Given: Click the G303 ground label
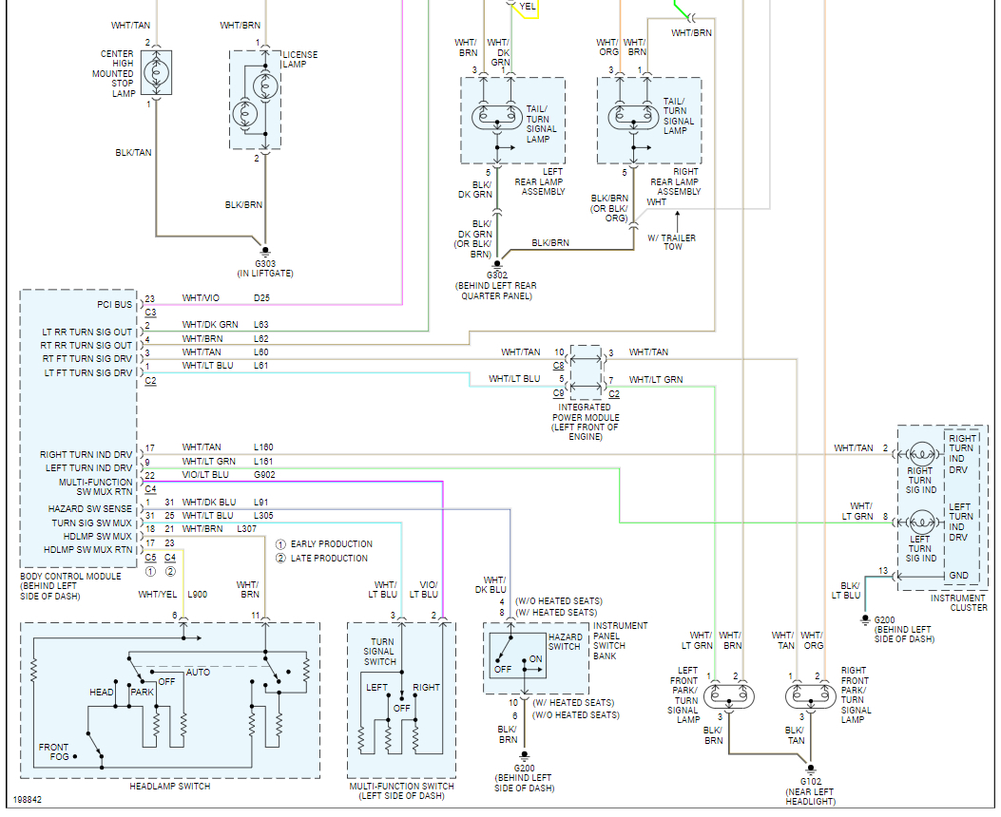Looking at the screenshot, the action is (x=265, y=263).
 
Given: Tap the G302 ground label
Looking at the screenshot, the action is (x=497, y=275).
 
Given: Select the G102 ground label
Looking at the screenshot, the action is (x=811, y=781).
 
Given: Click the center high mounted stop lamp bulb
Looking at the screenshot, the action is (x=157, y=73).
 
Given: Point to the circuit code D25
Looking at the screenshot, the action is (x=261, y=298).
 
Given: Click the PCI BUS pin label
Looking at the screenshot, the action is (x=115, y=305).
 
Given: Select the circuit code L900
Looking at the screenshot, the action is (x=198, y=595).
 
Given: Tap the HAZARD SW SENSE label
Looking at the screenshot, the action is (x=90, y=509).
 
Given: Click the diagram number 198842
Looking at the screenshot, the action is (x=28, y=800).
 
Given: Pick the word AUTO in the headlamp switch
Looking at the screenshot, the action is (x=198, y=673).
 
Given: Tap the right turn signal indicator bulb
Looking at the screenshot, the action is (x=921, y=455).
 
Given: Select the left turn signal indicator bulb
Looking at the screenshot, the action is (x=921, y=522).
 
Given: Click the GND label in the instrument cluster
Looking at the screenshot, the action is (x=959, y=576).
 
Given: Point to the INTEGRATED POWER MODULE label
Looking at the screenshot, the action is (x=586, y=422).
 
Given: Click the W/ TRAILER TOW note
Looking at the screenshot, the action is (x=672, y=242).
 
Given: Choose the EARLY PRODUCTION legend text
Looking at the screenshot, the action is (x=332, y=544).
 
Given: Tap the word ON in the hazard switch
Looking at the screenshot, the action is (x=535, y=659).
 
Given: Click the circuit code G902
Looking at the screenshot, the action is (x=264, y=474).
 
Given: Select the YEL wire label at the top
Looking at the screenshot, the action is (x=528, y=7).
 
